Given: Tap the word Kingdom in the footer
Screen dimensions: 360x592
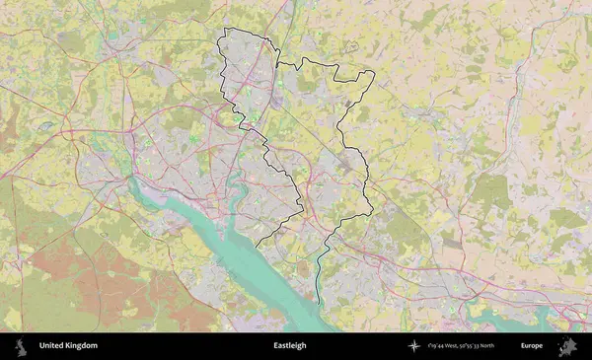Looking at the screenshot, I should pos(81,346).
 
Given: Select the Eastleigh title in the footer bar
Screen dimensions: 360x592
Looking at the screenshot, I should pos(290,346).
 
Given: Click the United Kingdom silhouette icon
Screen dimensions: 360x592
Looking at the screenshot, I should pos(19,346).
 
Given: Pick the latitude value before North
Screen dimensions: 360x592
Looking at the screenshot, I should pos(484,346).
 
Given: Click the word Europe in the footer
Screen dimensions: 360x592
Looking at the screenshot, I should pos(532,346).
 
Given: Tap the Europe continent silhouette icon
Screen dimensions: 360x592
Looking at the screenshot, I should pos(567,346).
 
